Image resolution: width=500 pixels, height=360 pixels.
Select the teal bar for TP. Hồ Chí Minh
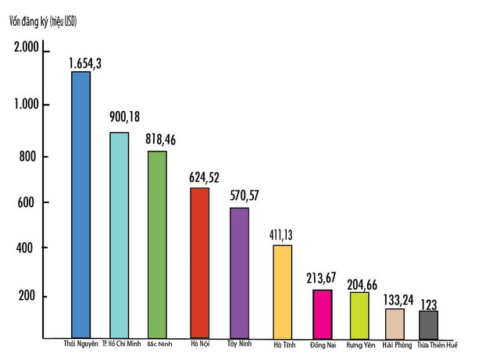coord(119,234)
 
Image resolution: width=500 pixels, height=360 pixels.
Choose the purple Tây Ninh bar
coord(239,273)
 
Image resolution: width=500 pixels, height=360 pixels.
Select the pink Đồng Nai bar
coord(322,313)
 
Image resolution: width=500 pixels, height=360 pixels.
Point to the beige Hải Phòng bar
coord(395,323)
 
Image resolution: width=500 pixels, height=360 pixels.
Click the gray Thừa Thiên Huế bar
coord(429,324)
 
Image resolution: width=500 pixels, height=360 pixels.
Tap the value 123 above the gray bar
coord(429,304)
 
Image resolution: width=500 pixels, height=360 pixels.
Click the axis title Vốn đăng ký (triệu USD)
coord(43,21)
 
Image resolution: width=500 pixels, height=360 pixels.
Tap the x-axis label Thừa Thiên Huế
coord(437,344)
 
